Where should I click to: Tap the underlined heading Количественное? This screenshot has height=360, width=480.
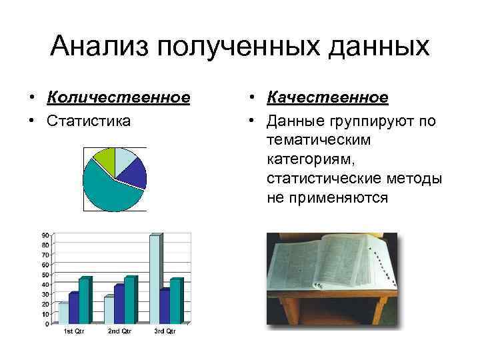(119, 98)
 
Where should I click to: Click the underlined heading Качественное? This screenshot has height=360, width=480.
(327, 98)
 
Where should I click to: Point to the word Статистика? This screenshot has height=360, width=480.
(89, 121)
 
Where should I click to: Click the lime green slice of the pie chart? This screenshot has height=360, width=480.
(104, 157)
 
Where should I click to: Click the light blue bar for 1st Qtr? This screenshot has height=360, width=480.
(63, 313)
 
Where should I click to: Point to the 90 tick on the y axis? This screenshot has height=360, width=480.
(44, 235)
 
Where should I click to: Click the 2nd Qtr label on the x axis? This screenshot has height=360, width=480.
(119, 331)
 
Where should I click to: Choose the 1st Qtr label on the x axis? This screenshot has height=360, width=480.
(73, 331)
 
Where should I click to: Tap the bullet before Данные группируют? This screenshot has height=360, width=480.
(252, 121)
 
